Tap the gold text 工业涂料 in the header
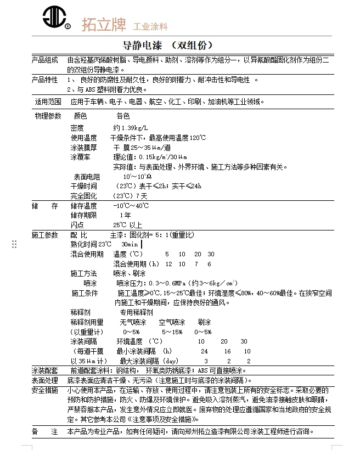tap(150, 26)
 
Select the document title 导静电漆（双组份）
tap(167, 45)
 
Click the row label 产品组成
tap(44, 60)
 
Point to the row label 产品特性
tap(44, 80)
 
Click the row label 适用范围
tap(48, 102)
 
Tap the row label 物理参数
tap(48, 116)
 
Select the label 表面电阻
tap(87, 177)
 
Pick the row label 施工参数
tap(44, 235)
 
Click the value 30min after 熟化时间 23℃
tap(130, 244)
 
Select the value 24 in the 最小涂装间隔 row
tap(204, 351)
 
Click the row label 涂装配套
tap(44, 371)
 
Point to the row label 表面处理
tap(44, 380)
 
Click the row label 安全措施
tap(44, 390)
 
